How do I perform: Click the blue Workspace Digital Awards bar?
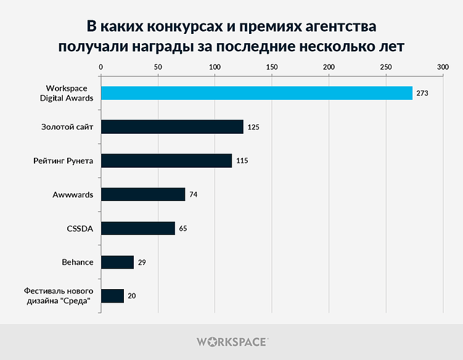[x=256, y=93]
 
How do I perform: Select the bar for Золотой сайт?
[x=172, y=127]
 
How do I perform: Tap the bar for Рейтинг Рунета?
[x=166, y=161]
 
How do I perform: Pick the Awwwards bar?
[x=143, y=195]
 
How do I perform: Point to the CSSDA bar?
[x=138, y=228]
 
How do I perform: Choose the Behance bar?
[x=117, y=262]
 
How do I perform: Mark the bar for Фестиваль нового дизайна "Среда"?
[x=112, y=296]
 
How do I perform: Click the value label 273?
[x=422, y=93]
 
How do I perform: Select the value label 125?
[x=253, y=127]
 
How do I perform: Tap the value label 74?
[x=193, y=195]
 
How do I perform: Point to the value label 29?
[x=142, y=262]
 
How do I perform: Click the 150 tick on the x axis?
[x=272, y=67]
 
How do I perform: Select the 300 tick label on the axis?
[x=443, y=67]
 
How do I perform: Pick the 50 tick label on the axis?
[x=158, y=67]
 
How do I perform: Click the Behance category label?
[x=78, y=262]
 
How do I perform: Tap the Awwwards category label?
[x=73, y=195]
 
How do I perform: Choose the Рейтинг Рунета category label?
[x=64, y=161]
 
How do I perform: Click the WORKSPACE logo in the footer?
[x=231, y=342]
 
